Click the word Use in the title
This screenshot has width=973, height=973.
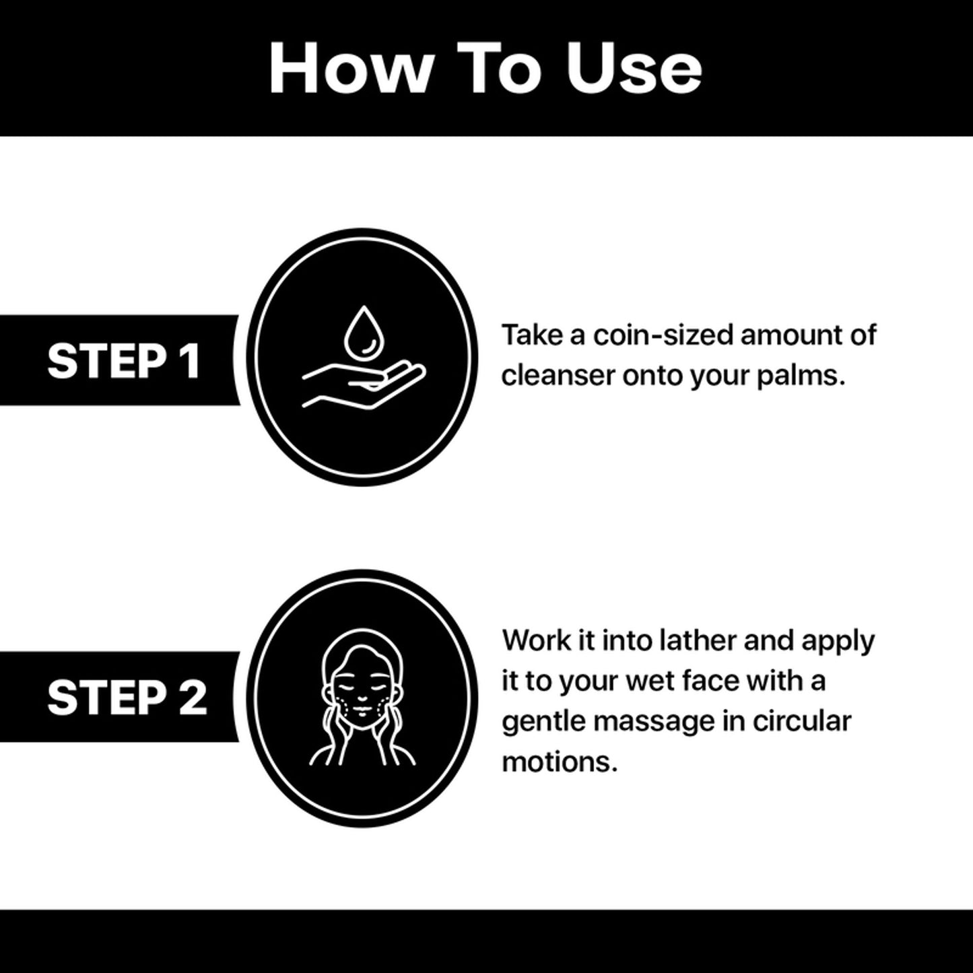(x=634, y=69)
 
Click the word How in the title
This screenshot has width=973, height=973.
(x=351, y=69)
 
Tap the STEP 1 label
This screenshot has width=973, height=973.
(x=124, y=361)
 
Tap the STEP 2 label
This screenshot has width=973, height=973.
(x=127, y=698)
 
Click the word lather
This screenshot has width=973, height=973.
(x=690, y=641)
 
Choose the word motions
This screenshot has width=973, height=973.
(x=560, y=762)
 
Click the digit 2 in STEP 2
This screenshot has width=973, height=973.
(x=192, y=698)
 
